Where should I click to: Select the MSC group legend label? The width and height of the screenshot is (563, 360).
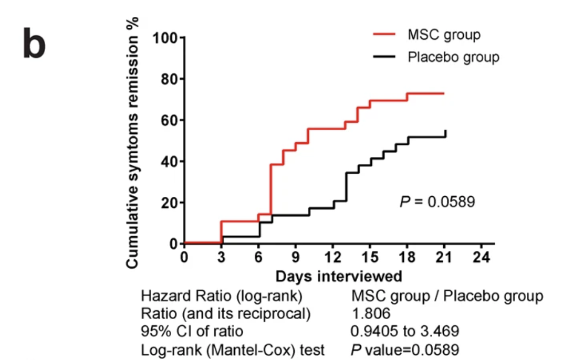pyautogui.click(x=444, y=35)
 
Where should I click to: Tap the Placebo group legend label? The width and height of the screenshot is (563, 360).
pyautogui.click(x=453, y=57)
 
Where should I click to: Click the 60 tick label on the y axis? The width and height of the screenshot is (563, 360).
pyautogui.click(x=169, y=121)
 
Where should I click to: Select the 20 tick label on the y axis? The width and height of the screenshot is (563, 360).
pyautogui.click(x=169, y=203)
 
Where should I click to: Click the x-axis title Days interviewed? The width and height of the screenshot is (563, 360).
pyautogui.click(x=339, y=276)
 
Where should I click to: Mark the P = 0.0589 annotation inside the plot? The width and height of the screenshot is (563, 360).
pyautogui.click(x=437, y=202)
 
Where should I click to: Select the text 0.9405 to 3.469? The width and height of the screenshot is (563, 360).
pyautogui.click(x=405, y=331)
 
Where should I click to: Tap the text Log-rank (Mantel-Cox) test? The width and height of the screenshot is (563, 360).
pyautogui.click(x=233, y=349)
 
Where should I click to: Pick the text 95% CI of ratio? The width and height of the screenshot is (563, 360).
pyautogui.click(x=192, y=331)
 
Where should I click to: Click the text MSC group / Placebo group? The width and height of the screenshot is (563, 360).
pyautogui.click(x=447, y=296)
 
